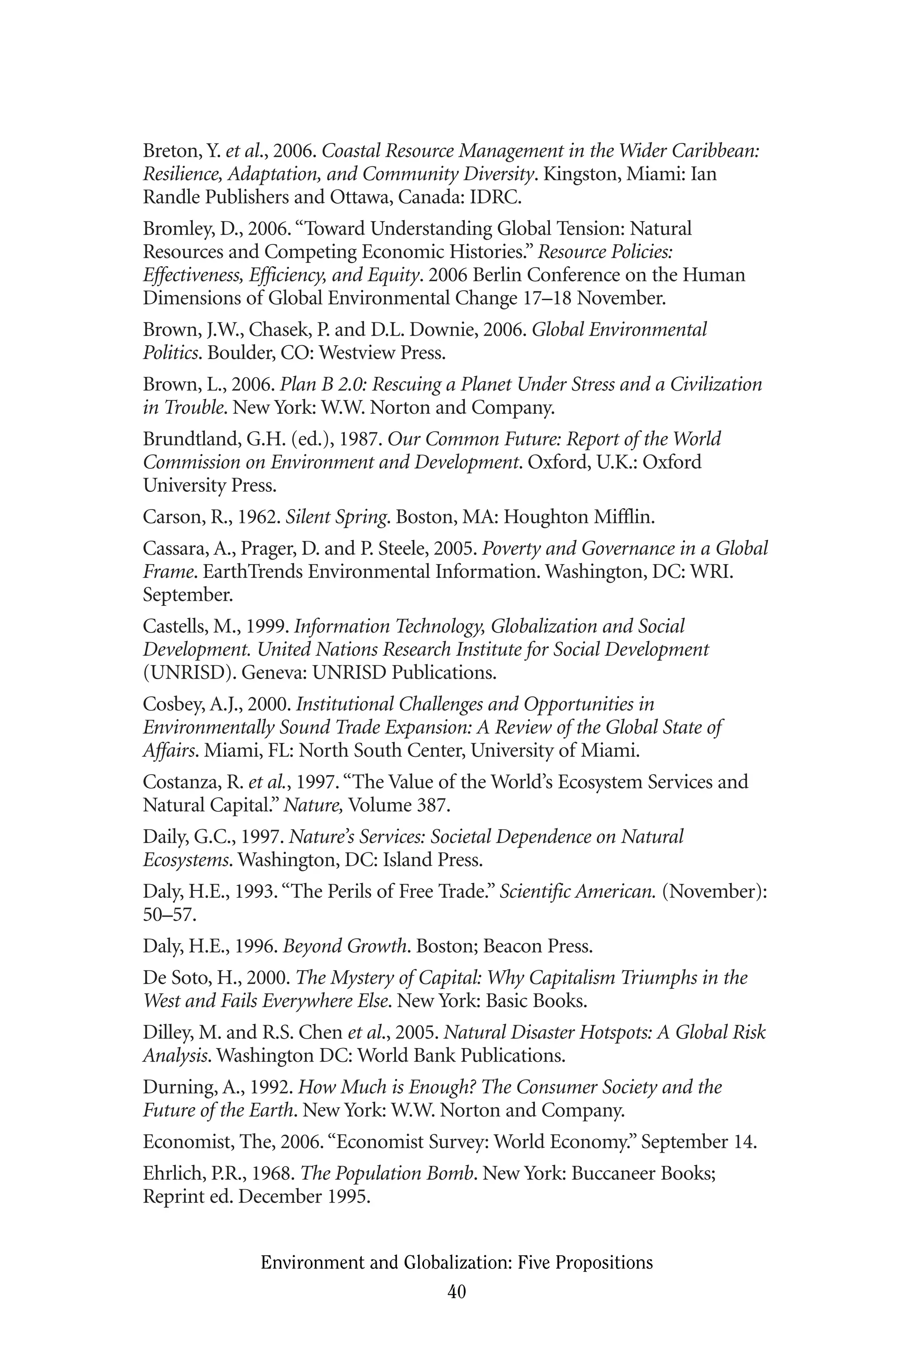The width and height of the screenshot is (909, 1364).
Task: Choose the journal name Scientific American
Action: tap(577, 891)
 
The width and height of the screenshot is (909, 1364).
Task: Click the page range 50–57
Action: tap(169, 915)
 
